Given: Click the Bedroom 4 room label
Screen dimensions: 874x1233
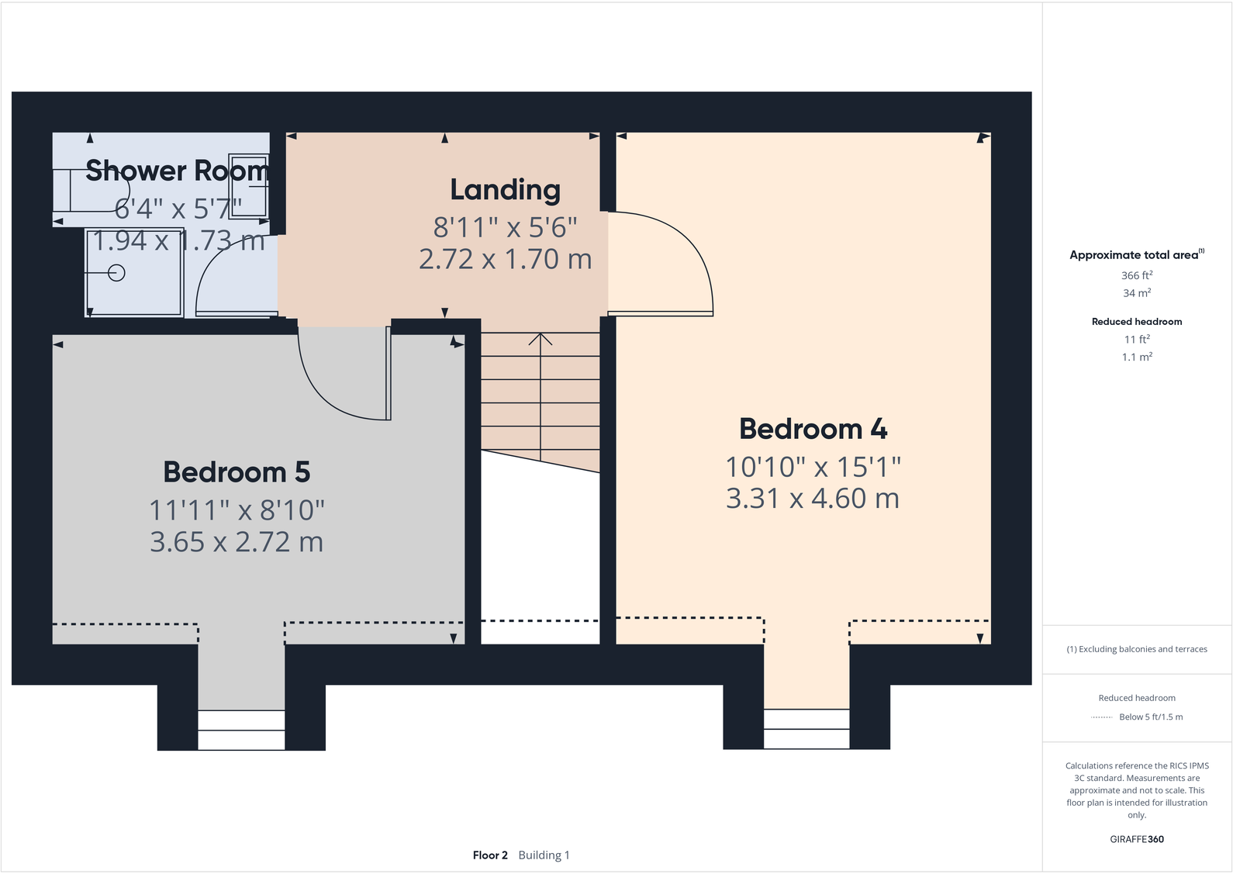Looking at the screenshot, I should point(813,429).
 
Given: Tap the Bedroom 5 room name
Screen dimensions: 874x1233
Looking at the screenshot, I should point(237,472).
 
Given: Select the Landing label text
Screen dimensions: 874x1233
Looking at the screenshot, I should point(505,190).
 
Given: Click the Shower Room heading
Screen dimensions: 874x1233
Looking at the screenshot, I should point(178,171).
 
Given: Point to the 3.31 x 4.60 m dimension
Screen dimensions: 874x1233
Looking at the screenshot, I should point(813,499).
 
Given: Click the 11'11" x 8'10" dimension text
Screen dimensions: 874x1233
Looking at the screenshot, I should point(237,510).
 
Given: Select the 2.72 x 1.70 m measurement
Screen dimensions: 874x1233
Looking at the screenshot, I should point(505,259).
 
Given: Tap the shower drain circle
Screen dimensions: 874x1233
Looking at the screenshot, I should point(117,273).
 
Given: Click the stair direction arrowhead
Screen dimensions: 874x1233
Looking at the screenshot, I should point(541,338).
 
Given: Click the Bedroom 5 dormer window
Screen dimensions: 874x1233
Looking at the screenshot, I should point(241,730).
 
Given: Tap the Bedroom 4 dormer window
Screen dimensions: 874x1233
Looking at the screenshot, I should point(806,729).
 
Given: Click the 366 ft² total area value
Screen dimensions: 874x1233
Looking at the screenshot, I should point(1137,275).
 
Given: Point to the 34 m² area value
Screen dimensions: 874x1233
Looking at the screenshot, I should point(1137,293).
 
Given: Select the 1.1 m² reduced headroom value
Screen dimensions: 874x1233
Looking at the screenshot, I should point(1137,358).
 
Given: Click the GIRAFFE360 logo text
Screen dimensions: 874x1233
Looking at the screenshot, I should point(1137,839).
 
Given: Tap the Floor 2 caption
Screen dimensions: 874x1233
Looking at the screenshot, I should point(490,855).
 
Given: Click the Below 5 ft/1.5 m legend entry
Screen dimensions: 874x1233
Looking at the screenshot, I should point(1151,717).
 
